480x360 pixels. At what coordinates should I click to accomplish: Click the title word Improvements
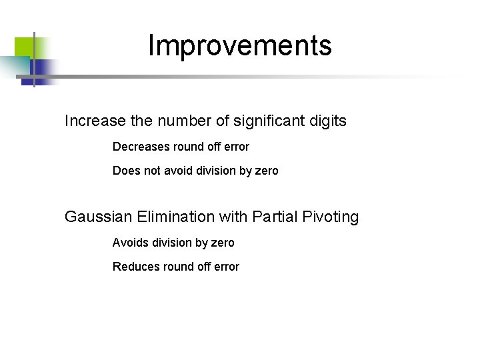tap(239, 45)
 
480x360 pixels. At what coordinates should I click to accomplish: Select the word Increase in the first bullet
tap(95, 121)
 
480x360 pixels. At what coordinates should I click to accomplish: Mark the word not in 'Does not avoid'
tap(152, 171)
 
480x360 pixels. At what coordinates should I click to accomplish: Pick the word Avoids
tap(130, 243)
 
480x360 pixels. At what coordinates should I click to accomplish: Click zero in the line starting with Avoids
tap(222, 243)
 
